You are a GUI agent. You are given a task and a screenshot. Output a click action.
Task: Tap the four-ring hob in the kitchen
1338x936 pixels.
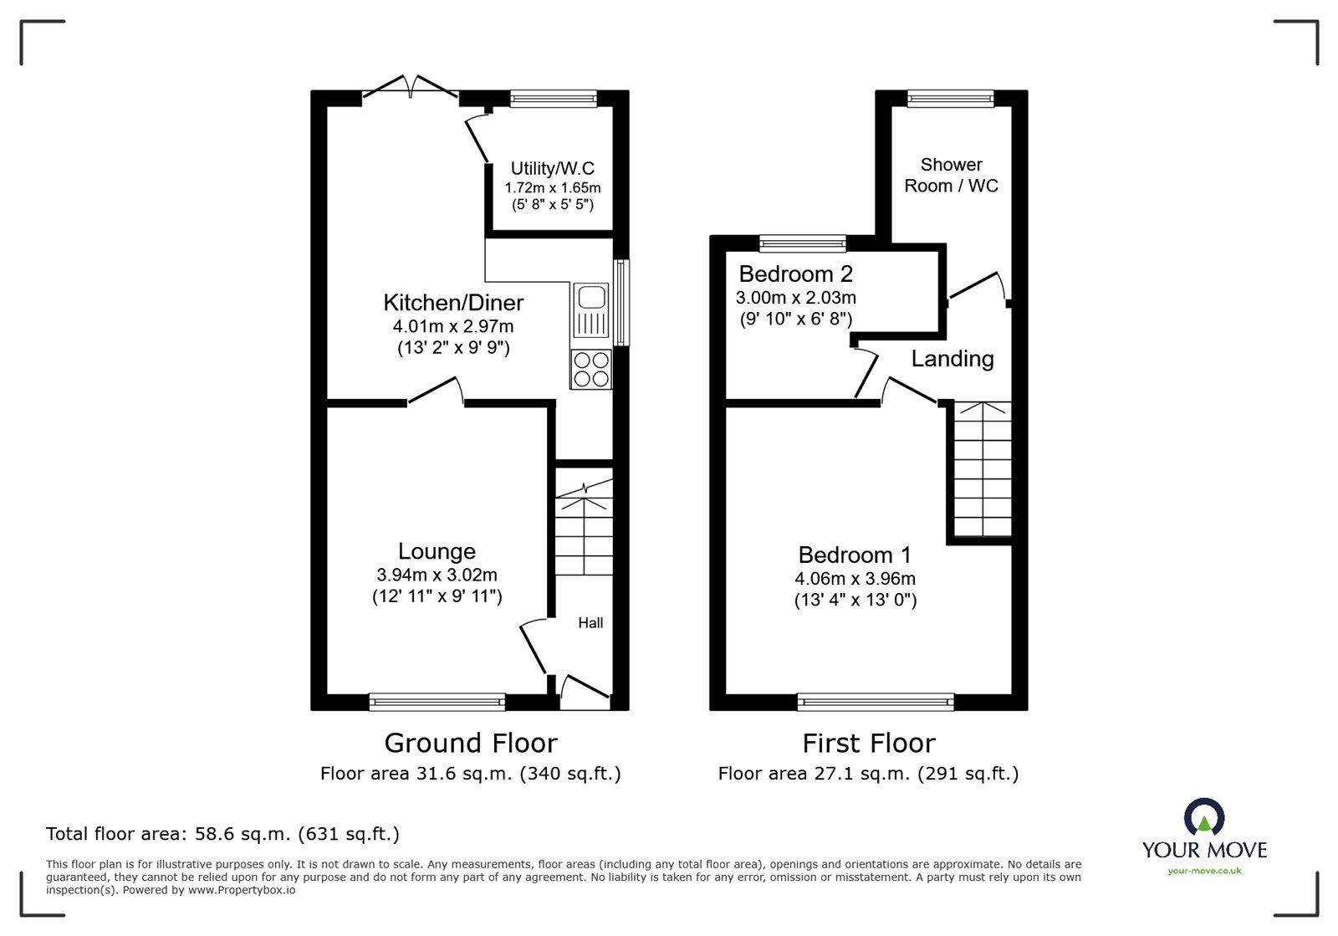591,369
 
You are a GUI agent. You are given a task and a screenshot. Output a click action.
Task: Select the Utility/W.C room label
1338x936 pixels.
552,169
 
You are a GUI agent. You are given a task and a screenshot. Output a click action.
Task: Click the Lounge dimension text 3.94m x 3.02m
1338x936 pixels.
437,575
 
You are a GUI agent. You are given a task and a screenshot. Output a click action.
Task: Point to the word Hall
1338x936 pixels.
590,623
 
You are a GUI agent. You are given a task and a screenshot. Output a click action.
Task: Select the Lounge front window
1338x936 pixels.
437,702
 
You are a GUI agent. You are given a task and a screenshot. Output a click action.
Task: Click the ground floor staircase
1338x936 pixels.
584,531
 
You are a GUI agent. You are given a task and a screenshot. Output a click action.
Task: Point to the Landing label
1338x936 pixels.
952,359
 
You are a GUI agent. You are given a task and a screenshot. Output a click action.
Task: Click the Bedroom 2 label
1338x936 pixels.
795,274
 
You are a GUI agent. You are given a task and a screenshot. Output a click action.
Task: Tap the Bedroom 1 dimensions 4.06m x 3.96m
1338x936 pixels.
855,579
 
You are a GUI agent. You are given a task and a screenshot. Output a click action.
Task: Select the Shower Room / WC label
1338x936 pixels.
951,176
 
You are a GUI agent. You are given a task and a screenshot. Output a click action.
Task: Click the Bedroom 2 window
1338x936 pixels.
802,243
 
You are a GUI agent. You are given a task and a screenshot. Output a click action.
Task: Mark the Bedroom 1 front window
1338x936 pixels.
875,702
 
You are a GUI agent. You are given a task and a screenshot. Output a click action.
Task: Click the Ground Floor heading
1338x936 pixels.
470,743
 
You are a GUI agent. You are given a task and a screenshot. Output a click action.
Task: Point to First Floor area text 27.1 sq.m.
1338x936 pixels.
867,774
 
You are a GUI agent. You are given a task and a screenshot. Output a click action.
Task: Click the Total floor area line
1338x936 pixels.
222,834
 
